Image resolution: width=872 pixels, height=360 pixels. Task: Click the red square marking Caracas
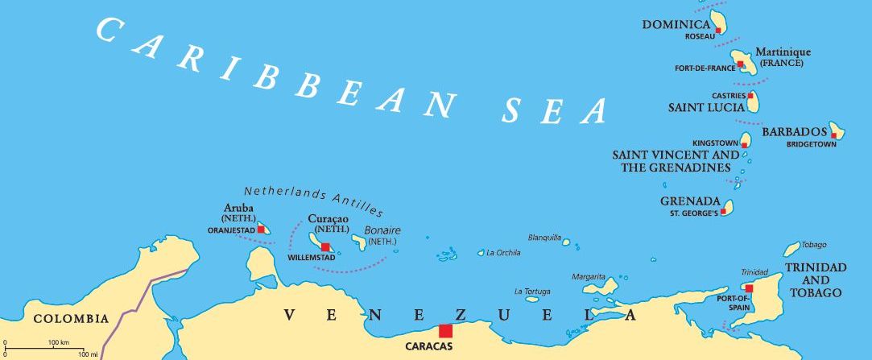[444, 330]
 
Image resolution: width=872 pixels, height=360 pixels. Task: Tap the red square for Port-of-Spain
[749, 288]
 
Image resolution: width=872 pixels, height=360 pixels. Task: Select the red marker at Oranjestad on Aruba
[259, 230]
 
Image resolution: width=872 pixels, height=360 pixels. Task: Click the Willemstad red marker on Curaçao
[325, 247]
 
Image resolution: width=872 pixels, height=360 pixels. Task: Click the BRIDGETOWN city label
[812, 145]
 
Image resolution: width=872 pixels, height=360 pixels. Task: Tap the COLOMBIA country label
[71, 319]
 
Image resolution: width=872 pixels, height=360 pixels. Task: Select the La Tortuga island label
[532, 291]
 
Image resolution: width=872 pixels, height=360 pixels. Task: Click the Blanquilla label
[543, 238]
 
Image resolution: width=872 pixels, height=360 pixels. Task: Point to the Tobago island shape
[792, 249]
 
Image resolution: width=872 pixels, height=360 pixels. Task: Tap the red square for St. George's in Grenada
[724, 211]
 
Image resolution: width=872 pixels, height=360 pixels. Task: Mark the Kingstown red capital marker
[744, 145]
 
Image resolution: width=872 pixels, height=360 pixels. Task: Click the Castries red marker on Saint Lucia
[750, 96]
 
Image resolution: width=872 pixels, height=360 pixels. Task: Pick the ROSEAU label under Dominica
[700, 36]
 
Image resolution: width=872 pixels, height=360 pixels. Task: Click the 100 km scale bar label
[58, 344]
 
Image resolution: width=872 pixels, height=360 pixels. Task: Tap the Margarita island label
[589, 276]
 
